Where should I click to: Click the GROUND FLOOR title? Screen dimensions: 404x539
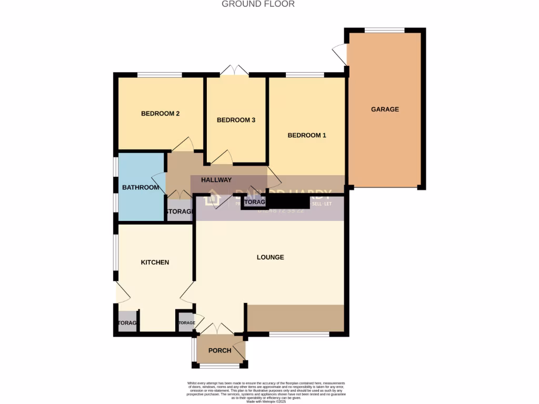pos(258,4)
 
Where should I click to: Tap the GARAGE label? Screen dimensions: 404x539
pos(385,109)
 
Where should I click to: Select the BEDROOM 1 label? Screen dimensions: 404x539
pos(307,135)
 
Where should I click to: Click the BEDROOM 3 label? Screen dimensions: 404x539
pos(236,120)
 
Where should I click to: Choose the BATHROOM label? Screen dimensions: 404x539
pos(141,187)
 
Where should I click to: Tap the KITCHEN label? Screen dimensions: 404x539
pos(155,262)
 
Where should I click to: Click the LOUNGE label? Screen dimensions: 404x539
pos(270,257)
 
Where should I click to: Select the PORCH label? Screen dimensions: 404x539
pos(219,351)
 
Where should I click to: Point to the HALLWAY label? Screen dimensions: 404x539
pos(216,180)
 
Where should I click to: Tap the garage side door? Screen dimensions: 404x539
pos(340,55)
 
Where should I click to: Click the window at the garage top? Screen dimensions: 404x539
pos(385,30)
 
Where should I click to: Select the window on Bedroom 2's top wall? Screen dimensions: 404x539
pos(160,75)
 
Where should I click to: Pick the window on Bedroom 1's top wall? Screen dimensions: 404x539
pos(305,75)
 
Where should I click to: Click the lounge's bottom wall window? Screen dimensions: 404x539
pos(300,334)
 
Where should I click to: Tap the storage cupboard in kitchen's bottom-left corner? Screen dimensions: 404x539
pos(126,322)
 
